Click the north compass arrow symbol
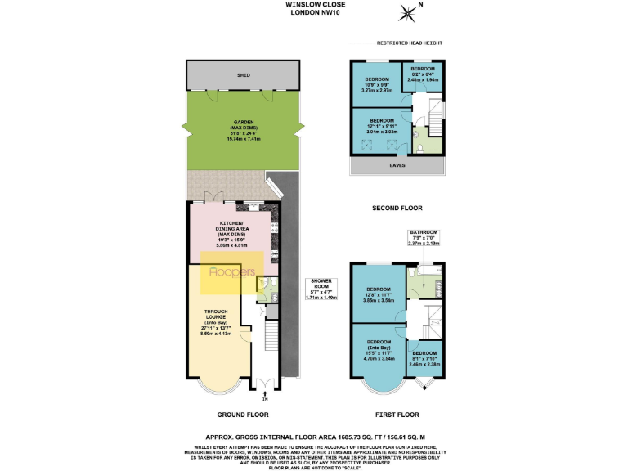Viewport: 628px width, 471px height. coord(406,11)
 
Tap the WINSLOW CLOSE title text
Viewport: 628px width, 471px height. coord(313,4)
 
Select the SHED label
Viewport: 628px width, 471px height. coord(243,76)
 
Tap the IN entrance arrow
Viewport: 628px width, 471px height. coord(265,396)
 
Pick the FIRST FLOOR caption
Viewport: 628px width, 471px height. coord(397,415)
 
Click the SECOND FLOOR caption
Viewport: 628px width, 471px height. coord(396,209)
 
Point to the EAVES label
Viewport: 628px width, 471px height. coord(397,164)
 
